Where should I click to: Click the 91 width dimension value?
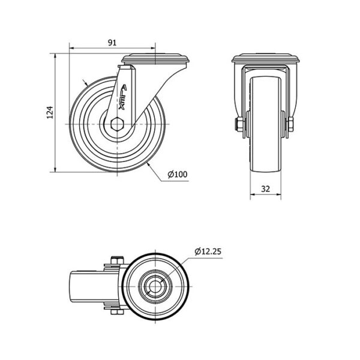click(112, 43)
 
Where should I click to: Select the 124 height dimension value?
click(50, 113)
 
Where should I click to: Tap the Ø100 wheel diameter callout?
click(178, 174)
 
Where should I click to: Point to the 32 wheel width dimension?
click(265, 189)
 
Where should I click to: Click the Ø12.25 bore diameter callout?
click(208, 251)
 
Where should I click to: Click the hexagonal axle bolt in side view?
click(117, 124)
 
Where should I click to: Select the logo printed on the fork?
click(123, 97)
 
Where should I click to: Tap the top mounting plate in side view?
click(155, 59)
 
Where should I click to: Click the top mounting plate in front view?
click(265, 58)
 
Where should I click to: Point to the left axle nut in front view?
click(239, 124)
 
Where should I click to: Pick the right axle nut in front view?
click(290, 124)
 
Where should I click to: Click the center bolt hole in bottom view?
click(155, 286)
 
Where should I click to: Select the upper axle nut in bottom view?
click(117, 260)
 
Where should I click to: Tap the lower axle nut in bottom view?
click(117, 312)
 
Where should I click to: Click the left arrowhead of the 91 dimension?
click(71, 48)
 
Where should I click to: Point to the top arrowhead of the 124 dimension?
click(55, 56)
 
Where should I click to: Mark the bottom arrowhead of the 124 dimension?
click(55, 169)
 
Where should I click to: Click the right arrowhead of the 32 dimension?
click(279, 194)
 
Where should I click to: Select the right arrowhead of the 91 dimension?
click(153, 48)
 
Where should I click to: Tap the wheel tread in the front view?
click(265, 124)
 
